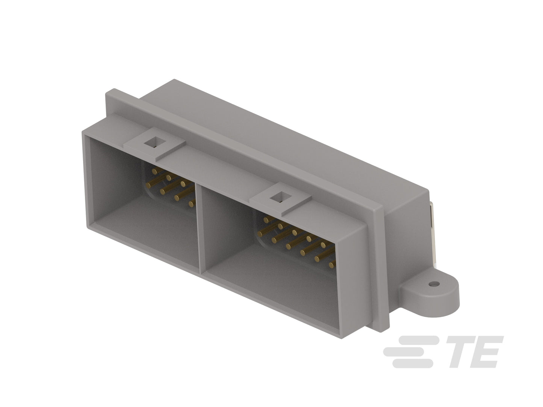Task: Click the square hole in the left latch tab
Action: pos(154,142)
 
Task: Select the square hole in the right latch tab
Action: pos(281,198)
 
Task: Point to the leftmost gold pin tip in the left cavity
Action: pos(149,185)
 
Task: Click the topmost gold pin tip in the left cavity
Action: pos(154,171)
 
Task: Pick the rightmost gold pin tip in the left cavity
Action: pos(192,203)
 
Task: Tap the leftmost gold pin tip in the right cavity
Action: pos(260,234)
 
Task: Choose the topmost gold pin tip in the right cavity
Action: pos(266,219)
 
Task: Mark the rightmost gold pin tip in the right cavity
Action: pos(332,265)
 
